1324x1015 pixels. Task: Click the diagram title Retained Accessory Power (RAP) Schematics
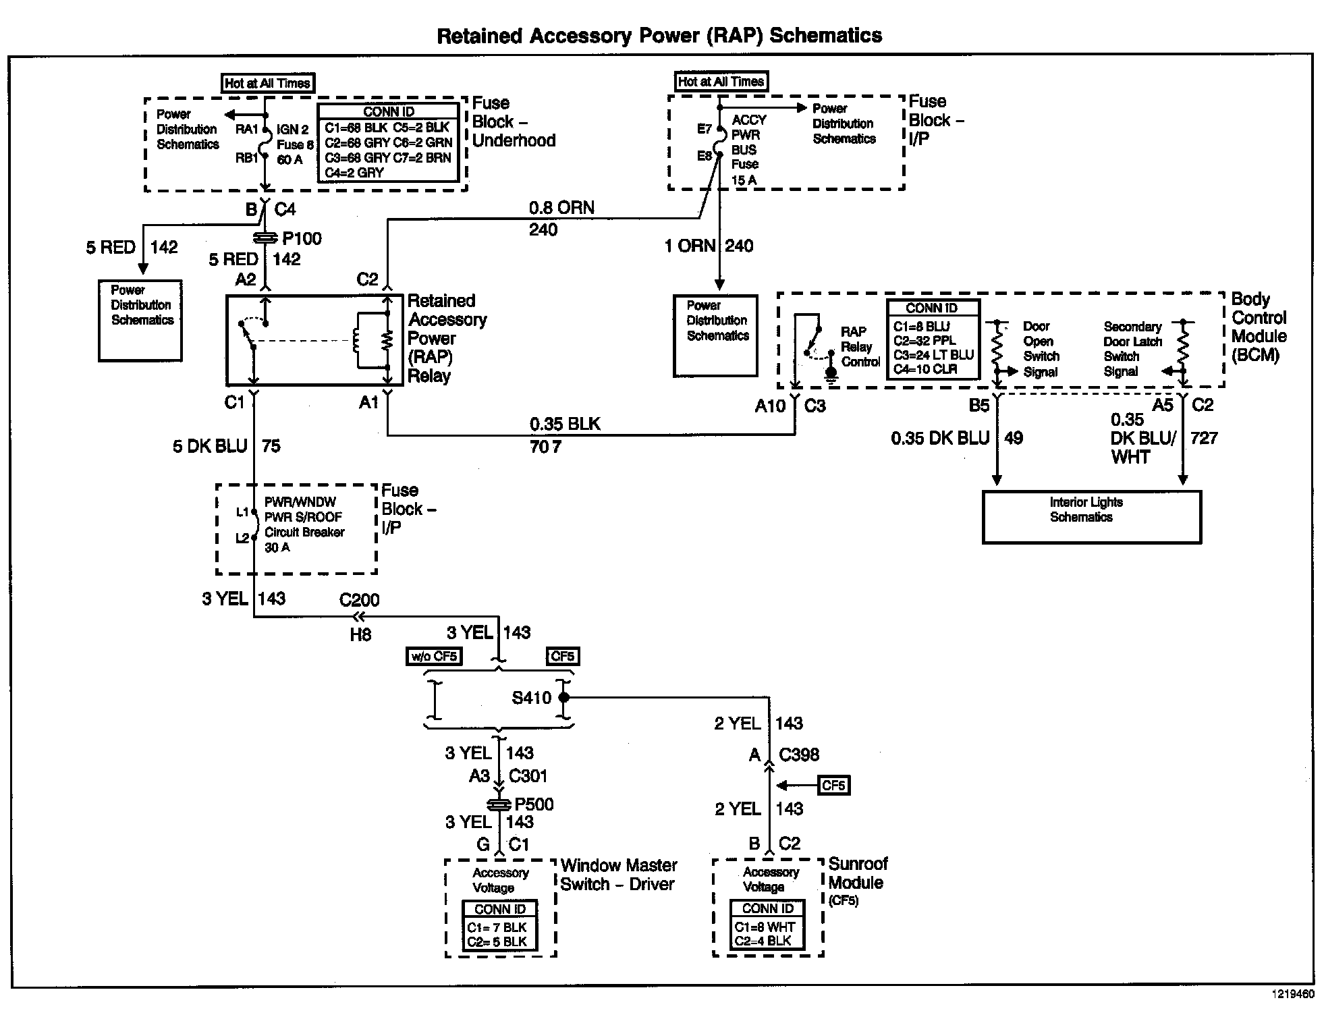pyautogui.click(x=659, y=36)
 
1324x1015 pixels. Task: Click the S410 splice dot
pyautogui.click(x=564, y=697)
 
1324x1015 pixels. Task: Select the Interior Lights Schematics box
pyautogui.click(x=1091, y=517)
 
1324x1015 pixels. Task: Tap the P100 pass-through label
pyautogui.click(x=302, y=238)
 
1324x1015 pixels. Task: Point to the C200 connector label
pyautogui.click(x=359, y=600)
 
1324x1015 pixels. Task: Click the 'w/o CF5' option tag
pyautogui.click(x=435, y=656)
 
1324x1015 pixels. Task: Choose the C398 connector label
pyautogui.click(x=800, y=755)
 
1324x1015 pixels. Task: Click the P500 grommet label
pyautogui.click(x=534, y=804)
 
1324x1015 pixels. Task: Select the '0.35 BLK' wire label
pyautogui.click(x=565, y=424)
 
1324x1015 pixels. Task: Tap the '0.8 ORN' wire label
pyautogui.click(x=561, y=208)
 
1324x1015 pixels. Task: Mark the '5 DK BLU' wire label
pyautogui.click(x=210, y=446)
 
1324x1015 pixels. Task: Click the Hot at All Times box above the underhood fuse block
pyautogui.click(x=268, y=84)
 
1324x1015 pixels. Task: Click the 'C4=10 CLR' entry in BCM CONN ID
pyautogui.click(x=925, y=369)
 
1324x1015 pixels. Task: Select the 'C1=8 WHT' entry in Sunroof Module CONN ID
pyautogui.click(x=765, y=927)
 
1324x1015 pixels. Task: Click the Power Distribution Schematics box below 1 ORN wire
pyautogui.click(x=716, y=335)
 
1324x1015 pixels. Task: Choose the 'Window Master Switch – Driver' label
pyautogui.click(x=619, y=875)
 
